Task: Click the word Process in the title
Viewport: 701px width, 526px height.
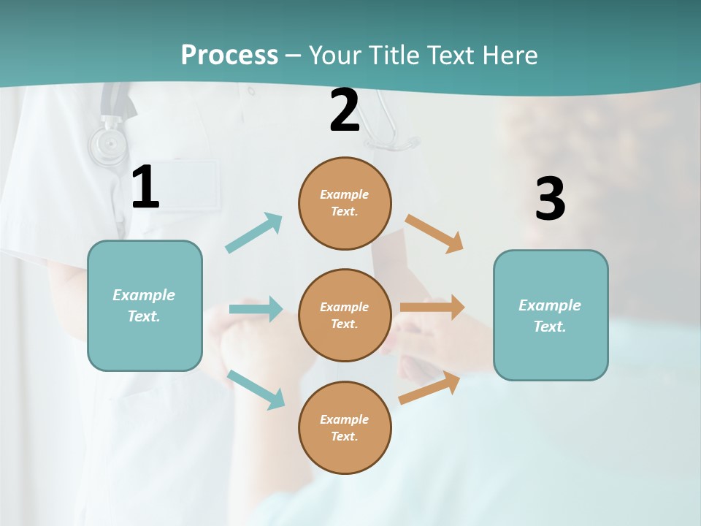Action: pos(229,55)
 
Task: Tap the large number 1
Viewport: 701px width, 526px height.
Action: pos(145,188)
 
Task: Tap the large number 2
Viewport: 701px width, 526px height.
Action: pos(345,110)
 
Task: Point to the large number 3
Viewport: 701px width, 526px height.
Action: pos(550,199)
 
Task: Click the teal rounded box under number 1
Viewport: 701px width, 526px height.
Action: pos(145,305)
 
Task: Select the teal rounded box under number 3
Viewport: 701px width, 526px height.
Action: pos(551,315)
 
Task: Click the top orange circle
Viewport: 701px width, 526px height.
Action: pos(345,203)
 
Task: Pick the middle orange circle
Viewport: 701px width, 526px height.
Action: pos(345,315)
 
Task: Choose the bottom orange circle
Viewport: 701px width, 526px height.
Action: pos(345,427)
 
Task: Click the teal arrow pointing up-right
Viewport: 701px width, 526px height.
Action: pos(254,233)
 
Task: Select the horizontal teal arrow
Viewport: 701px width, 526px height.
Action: pos(256,309)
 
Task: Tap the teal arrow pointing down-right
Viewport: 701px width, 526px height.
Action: pos(256,389)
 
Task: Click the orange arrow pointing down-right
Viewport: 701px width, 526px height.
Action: pos(434,234)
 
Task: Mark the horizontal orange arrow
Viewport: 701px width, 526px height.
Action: pos(432,307)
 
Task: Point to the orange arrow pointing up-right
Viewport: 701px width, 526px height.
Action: pos(430,388)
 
